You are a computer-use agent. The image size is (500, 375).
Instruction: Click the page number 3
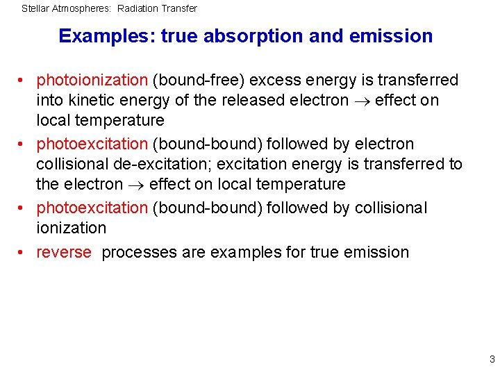492,359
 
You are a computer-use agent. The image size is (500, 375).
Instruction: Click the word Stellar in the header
35,8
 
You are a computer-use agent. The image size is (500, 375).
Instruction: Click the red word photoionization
92,80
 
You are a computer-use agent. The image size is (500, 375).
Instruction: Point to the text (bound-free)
192,80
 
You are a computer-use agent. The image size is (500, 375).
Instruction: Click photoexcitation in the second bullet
92,144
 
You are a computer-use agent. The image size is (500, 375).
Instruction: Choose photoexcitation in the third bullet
92,208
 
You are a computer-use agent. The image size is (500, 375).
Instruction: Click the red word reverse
64,252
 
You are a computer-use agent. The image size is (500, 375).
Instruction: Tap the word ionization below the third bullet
72,228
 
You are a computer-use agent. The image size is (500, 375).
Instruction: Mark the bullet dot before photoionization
23,81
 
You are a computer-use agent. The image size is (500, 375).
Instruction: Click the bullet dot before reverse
23,253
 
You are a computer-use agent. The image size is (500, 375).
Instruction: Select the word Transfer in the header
179,8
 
